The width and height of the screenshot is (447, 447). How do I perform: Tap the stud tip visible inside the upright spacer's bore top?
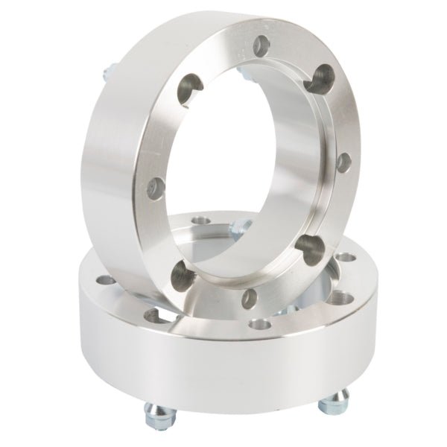pyautogui.click(x=247, y=72)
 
